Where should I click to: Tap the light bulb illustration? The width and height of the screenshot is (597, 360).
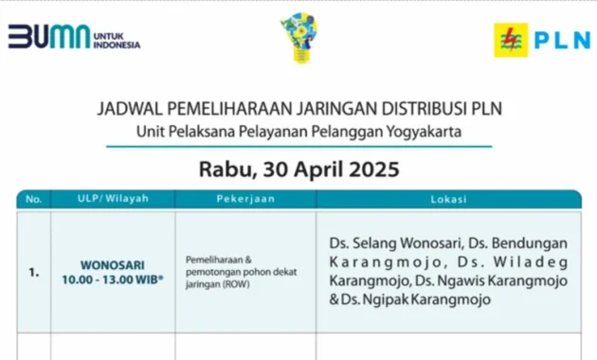click(298, 38)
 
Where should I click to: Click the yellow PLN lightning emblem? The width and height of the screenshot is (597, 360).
click(510, 39)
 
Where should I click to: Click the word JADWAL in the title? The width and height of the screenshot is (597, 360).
click(129, 109)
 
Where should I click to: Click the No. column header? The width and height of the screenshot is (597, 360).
click(34, 199)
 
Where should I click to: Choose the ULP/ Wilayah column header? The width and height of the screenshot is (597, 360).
click(113, 199)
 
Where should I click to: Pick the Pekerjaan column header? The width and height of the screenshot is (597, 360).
click(245, 199)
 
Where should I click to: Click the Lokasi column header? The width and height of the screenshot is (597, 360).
click(448, 199)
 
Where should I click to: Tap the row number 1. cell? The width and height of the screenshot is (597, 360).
click(34, 272)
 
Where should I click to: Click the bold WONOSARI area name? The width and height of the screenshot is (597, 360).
click(113, 265)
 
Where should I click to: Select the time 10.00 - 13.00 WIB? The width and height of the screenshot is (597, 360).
click(113, 279)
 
